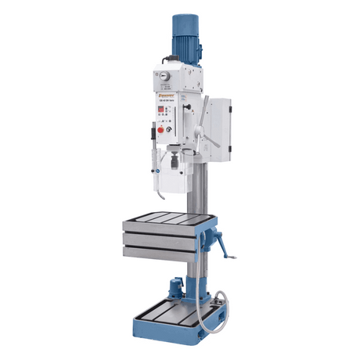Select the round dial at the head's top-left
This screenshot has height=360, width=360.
point(165,76)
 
